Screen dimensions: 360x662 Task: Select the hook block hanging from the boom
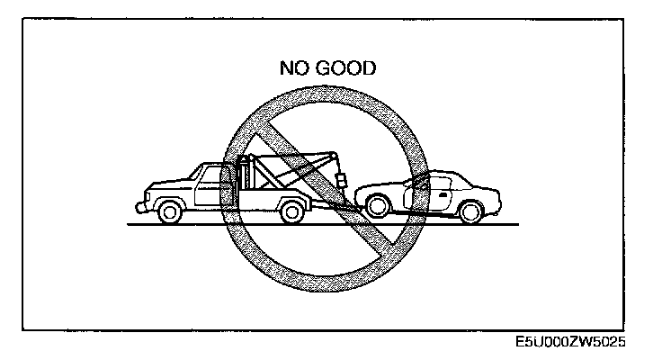(x=342, y=180)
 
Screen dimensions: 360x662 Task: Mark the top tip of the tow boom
(x=334, y=154)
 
